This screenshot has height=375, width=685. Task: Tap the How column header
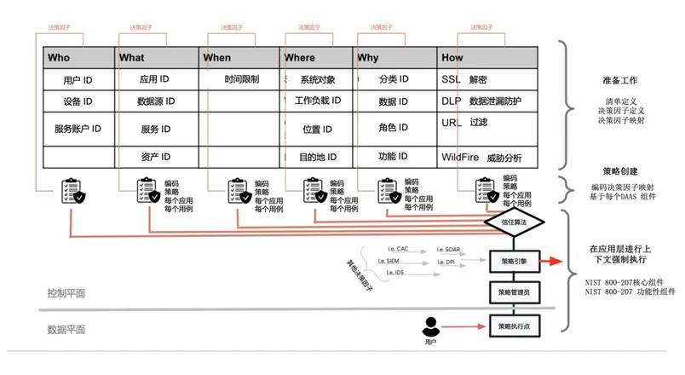(x=453, y=58)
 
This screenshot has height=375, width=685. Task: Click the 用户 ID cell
(x=78, y=80)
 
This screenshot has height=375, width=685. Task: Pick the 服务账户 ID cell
(x=78, y=130)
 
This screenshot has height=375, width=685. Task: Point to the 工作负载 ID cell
(x=318, y=101)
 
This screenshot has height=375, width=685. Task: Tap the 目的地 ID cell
(x=318, y=158)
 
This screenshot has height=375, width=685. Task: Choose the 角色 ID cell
(x=394, y=129)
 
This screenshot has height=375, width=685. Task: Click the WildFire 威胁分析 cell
(x=481, y=158)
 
